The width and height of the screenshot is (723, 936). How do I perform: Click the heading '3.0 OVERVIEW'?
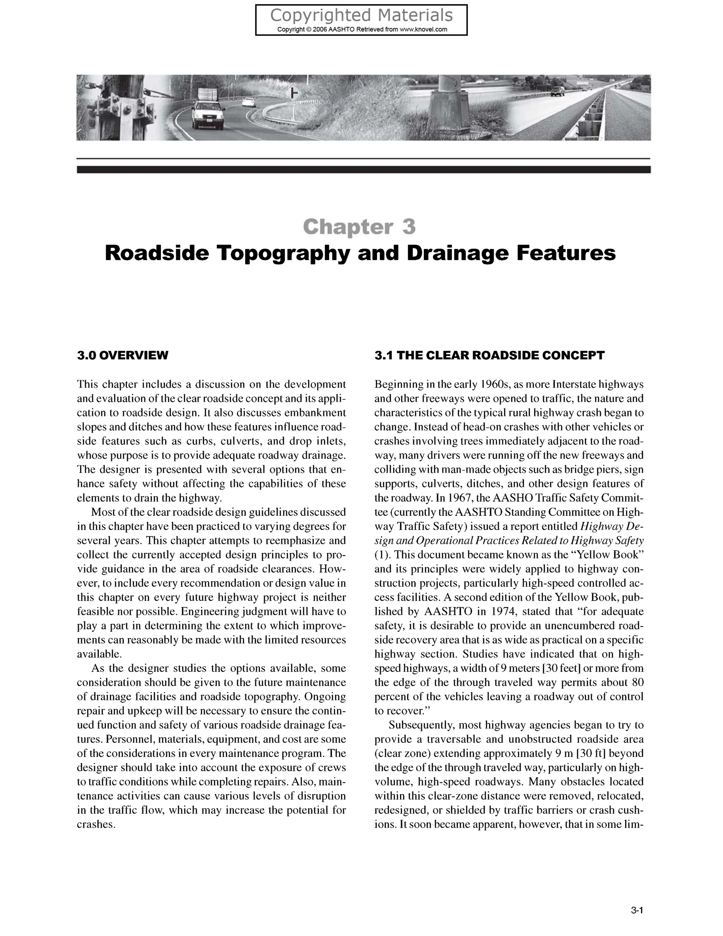point(123,355)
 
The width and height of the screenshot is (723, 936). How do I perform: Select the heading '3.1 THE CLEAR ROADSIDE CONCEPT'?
point(489,355)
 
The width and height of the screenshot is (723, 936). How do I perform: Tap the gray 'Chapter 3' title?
point(359,227)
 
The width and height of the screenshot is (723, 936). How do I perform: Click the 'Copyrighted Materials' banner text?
point(361,16)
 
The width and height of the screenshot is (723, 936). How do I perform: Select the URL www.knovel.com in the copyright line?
point(423,30)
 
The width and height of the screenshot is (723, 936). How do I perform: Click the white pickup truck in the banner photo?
point(207,114)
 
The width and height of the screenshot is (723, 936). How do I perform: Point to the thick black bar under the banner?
point(363,170)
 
